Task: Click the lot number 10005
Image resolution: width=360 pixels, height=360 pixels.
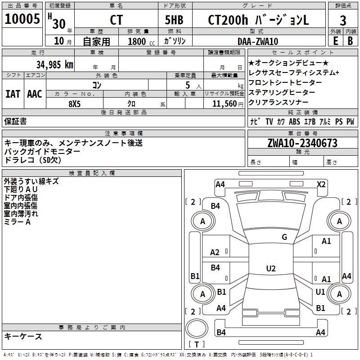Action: pos(22,18)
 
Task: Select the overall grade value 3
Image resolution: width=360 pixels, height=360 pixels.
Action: pos(343,21)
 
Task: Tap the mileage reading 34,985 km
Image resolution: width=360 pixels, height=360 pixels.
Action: pos(54,65)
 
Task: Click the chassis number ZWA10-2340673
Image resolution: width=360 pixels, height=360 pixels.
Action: pos(302,143)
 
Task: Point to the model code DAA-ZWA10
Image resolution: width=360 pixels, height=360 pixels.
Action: pos(258,41)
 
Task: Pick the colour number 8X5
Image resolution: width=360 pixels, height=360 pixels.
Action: pos(75,104)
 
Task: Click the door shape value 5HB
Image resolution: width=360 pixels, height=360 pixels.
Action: pos(174,20)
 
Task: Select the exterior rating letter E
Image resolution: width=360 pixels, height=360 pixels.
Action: pos(335,41)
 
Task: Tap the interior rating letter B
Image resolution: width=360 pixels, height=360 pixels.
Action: pos(350,41)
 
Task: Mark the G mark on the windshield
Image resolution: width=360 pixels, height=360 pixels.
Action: pos(284,237)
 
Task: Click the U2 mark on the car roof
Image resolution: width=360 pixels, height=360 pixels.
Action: pos(271,268)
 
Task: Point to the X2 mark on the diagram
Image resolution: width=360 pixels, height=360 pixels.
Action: pos(321,184)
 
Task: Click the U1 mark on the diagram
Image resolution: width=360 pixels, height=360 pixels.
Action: pos(320,292)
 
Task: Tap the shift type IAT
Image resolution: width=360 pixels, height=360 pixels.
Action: pos(13,94)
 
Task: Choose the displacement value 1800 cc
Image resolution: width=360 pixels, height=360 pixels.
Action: pos(141,41)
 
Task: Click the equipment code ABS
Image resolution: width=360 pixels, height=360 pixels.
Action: pos(294,121)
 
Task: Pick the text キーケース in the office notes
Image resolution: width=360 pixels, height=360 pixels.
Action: pos(23,337)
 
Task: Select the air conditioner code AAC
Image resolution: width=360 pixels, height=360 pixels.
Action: pos(35,94)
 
